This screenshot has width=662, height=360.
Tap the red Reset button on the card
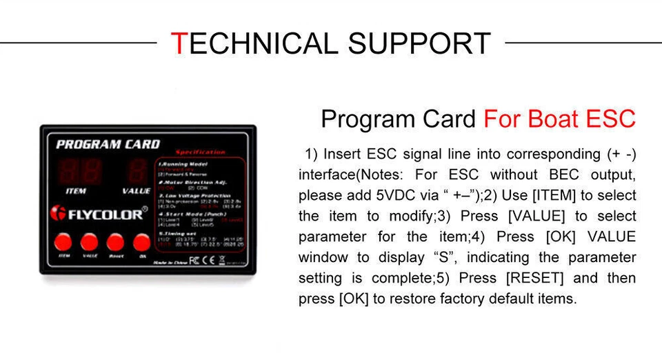[x=115, y=241]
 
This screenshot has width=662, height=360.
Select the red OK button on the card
[x=141, y=241]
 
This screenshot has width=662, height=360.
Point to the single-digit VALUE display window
[x=137, y=172]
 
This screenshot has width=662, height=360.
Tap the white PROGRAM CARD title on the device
[x=108, y=144]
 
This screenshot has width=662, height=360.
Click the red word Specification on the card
[x=201, y=152]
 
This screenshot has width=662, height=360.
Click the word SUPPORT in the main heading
[x=419, y=43]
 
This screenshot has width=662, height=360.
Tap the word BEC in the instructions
[x=563, y=174]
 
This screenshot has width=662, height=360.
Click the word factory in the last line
[x=474, y=299]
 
